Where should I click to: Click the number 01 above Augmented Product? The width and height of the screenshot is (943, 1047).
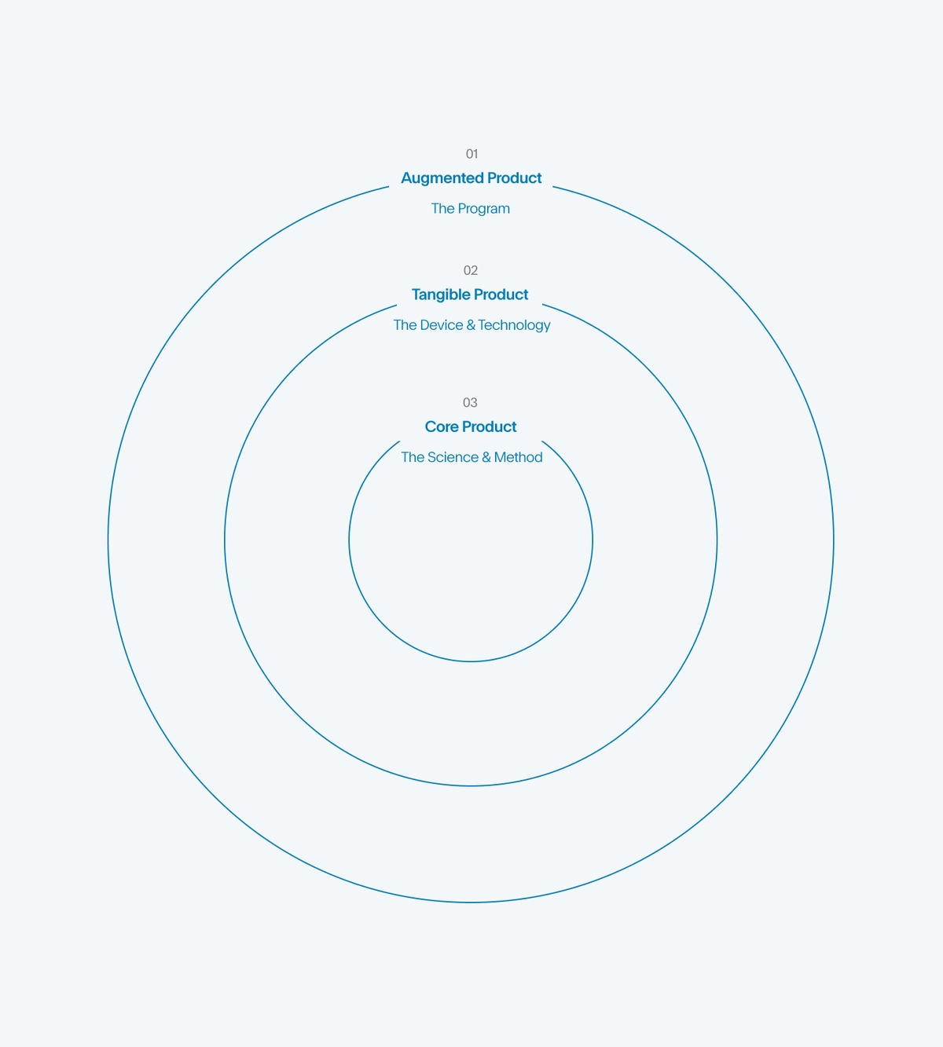pos(472,154)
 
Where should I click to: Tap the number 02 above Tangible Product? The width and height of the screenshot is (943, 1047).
pos(471,270)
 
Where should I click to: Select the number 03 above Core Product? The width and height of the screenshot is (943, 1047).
pos(470,403)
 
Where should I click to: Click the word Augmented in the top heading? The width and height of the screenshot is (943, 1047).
pos(442,178)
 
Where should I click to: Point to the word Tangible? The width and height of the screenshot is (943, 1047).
pos(440,295)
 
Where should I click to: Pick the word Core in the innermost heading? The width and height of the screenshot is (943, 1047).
pos(442,426)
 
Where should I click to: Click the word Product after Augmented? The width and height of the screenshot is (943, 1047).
pos(515,178)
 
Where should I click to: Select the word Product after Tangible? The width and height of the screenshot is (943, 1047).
pos(501,295)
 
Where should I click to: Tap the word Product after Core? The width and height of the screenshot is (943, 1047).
pos(490,426)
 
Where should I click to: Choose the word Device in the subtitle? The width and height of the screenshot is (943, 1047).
pos(442,325)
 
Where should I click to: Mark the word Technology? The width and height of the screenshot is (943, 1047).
pos(515,325)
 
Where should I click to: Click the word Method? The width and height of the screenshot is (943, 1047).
pos(519,457)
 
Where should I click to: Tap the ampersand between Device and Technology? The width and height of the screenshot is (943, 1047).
pos(471,325)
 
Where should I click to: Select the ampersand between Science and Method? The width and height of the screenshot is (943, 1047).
pos(486,457)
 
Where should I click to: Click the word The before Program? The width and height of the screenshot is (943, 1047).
pos(442,209)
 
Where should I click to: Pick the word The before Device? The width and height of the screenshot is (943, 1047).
pos(405,325)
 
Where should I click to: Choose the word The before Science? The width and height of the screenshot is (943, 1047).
pos(413,457)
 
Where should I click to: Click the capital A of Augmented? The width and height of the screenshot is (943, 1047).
pos(407,178)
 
